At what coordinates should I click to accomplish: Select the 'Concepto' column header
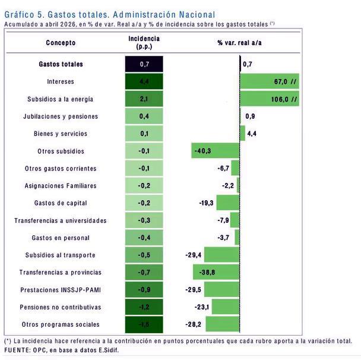[x=61, y=43]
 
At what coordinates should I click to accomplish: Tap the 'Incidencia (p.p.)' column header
[x=144, y=43]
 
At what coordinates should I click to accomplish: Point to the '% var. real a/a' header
[x=239, y=43]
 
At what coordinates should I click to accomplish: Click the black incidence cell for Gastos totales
[x=144, y=64]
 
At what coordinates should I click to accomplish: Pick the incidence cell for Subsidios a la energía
[x=144, y=99]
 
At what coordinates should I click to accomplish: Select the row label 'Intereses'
[x=61, y=81]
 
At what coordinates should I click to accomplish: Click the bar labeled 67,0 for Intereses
[x=270, y=81]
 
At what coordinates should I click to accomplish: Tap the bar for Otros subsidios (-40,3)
[x=216, y=151]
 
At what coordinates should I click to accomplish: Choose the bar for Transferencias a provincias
[x=216, y=272]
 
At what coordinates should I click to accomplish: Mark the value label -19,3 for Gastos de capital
[x=206, y=203]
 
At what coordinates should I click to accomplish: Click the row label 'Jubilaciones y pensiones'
[x=61, y=116]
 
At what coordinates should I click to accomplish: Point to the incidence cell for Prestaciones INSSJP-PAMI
[x=144, y=289]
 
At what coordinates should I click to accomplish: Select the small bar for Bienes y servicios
[x=243, y=133]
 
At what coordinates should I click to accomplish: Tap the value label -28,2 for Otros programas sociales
[x=194, y=324]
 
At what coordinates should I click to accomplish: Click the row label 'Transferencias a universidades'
[x=61, y=220]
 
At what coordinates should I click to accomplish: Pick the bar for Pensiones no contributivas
[x=226, y=307]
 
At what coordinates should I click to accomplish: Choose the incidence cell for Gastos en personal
[x=144, y=238]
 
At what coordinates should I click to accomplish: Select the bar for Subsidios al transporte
[x=221, y=254]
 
